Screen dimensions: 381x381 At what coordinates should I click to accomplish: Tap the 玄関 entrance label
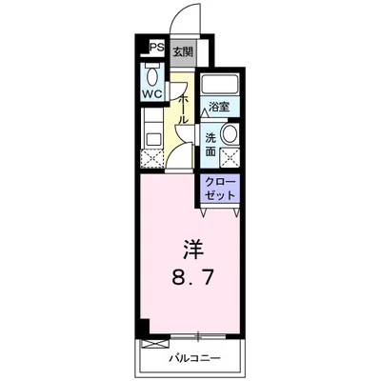pos(182,51)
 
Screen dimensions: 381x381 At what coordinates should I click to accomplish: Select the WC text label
pos(152,95)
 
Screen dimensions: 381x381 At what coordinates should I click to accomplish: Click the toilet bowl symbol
pos(153,75)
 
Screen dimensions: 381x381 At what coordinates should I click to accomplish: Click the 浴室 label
pos(218,106)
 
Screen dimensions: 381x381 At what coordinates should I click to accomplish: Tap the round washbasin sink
pos(228,133)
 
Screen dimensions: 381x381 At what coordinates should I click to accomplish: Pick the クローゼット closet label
pos(221,187)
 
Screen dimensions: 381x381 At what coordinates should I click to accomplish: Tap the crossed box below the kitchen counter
pos(150,158)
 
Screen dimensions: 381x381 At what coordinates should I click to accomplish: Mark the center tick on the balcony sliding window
pos(196,335)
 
